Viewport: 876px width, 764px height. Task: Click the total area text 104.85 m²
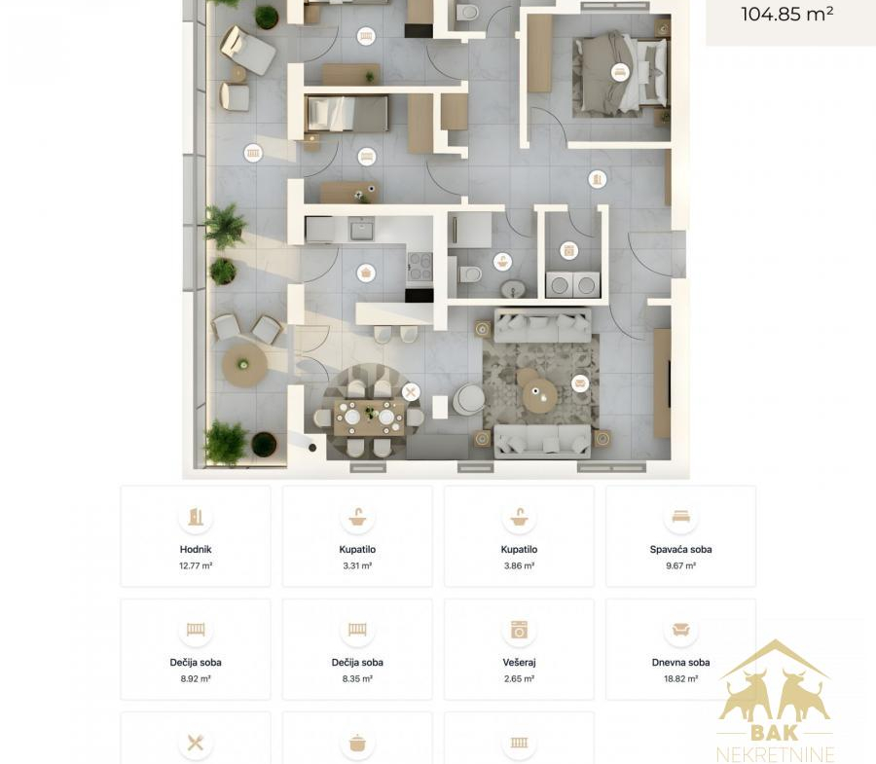pyautogui.click(x=786, y=14)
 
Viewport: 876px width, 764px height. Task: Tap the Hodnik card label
pyautogui.click(x=196, y=550)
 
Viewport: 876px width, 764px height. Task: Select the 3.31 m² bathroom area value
pyautogui.click(x=357, y=565)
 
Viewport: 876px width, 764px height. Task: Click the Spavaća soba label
pyautogui.click(x=680, y=550)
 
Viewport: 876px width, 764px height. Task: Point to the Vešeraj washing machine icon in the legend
pyautogui.click(x=519, y=630)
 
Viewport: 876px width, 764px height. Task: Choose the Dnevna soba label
pyautogui.click(x=680, y=663)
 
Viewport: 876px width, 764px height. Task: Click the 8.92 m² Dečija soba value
pyautogui.click(x=196, y=679)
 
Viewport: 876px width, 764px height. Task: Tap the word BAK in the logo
pyautogui.click(x=775, y=732)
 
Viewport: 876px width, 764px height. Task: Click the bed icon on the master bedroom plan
pyautogui.click(x=619, y=71)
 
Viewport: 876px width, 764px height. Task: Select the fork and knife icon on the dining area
pyautogui.click(x=411, y=392)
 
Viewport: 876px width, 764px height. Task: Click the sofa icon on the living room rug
pyautogui.click(x=580, y=383)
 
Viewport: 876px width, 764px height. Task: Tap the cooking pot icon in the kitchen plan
pyautogui.click(x=366, y=273)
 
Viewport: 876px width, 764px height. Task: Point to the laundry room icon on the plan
pyautogui.click(x=568, y=251)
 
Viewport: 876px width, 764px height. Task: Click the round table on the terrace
pyautogui.click(x=244, y=364)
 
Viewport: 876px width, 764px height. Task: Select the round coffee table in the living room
pyautogui.click(x=539, y=395)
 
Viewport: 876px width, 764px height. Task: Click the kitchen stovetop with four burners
pyautogui.click(x=420, y=267)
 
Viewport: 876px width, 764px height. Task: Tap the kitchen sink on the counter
pyautogui.click(x=362, y=229)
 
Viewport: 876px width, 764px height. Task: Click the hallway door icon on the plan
pyautogui.click(x=598, y=179)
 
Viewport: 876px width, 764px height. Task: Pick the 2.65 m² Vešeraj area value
pyautogui.click(x=519, y=679)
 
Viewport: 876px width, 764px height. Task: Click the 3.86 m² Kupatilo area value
pyautogui.click(x=519, y=565)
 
